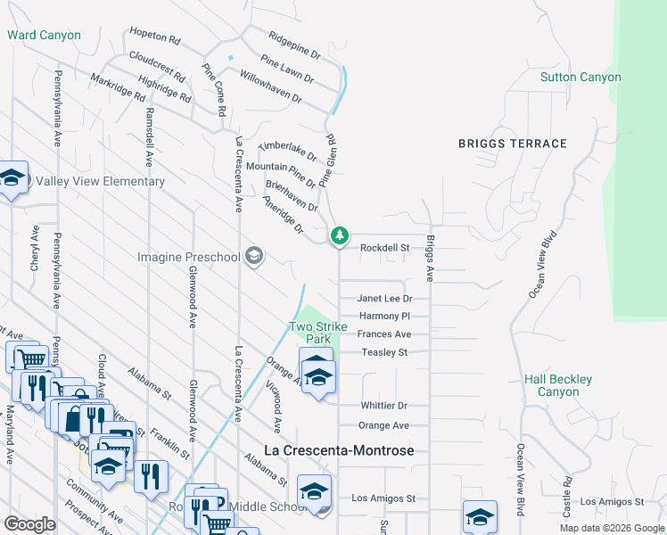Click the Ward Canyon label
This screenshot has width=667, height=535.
click(44, 36)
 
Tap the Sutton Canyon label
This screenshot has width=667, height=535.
click(581, 78)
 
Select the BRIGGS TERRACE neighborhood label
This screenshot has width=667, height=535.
click(512, 144)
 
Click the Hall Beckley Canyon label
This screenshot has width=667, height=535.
click(558, 385)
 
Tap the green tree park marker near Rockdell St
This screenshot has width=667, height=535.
click(339, 236)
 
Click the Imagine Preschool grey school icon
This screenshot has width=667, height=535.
click(254, 257)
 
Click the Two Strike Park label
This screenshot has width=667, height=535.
click(311, 333)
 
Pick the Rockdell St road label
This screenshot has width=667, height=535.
click(383, 248)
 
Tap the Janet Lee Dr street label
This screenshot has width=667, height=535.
click(384, 299)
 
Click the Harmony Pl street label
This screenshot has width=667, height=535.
click(384, 317)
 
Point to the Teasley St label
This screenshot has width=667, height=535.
click(384, 352)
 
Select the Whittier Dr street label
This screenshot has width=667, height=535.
click(383, 405)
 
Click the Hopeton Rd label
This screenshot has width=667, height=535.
click(155, 41)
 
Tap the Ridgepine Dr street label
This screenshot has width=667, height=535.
click(294, 43)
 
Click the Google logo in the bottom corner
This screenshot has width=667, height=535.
click(29, 524)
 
